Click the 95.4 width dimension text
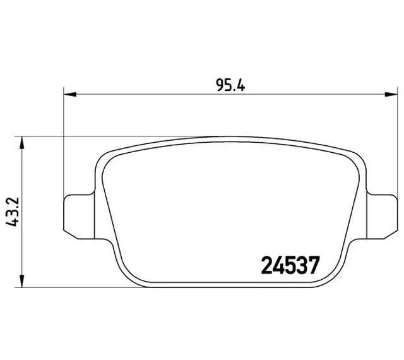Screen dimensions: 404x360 point(230,85)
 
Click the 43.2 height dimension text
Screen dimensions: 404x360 point(13,212)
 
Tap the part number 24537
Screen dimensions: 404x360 point(290,265)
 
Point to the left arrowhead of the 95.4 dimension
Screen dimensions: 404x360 point(70,94)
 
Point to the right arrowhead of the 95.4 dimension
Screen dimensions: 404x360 point(391,94)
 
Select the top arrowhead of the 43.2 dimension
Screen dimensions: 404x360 point(22,143)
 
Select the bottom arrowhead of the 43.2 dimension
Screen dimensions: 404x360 point(22,280)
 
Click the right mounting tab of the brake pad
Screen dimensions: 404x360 point(382,217)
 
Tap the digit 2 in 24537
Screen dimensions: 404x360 point(267,265)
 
